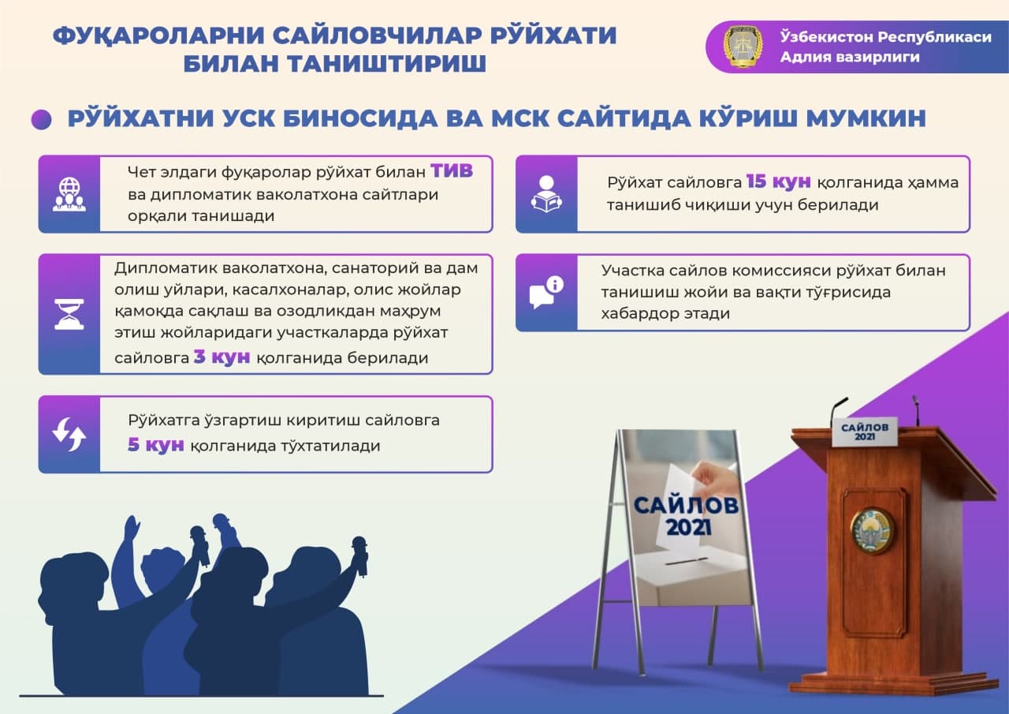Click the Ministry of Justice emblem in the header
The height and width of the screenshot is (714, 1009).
pos(743,47)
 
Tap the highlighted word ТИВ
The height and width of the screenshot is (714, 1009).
pos(452,171)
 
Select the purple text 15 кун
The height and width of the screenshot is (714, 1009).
pos(778,181)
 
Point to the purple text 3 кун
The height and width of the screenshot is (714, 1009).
pos(222,357)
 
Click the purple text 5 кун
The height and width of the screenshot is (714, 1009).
pos(156,444)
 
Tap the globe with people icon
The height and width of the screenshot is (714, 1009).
pos(69,194)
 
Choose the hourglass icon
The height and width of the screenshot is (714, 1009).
pos(69,314)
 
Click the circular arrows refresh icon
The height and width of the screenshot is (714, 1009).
pos(69,434)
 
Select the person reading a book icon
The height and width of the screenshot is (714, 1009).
pos(546,194)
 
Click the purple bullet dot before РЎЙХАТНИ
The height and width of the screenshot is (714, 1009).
pos(42,120)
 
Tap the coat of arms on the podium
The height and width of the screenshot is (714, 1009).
pos(872,530)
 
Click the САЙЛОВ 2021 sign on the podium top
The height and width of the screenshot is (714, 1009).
pos(865,432)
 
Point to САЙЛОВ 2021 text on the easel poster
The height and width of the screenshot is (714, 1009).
pos(686,516)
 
